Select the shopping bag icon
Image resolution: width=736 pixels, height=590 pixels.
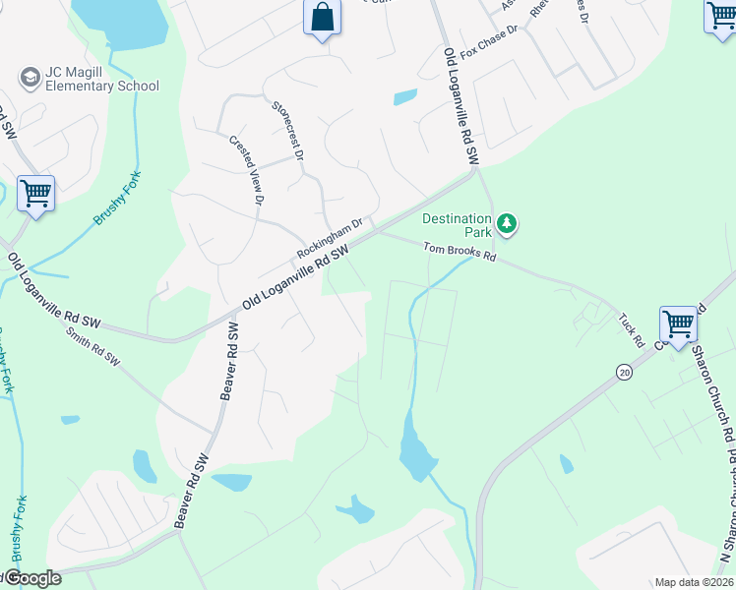coord(323,17)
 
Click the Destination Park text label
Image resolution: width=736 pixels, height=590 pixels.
coord(457,225)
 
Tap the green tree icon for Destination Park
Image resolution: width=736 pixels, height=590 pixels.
coord(506,224)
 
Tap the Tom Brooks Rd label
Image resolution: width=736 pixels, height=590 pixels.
coord(460,253)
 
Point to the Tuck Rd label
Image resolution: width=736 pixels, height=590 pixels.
coord(632,330)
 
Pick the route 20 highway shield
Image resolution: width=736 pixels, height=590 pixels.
coord(624,372)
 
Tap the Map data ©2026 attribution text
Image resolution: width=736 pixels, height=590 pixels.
coord(694,582)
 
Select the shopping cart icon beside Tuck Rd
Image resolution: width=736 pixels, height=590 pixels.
coord(678,324)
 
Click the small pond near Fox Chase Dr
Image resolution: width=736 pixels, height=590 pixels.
coord(404,97)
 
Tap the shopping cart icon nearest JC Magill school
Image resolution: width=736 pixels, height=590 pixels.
coord(35,193)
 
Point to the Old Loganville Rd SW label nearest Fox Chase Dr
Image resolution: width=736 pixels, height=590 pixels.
coord(460,105)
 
